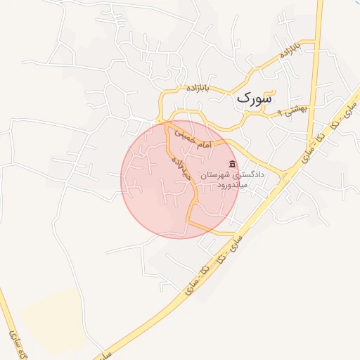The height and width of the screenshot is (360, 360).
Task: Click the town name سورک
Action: click(253, 98)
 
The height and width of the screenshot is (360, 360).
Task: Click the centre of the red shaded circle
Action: click(179, 180)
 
